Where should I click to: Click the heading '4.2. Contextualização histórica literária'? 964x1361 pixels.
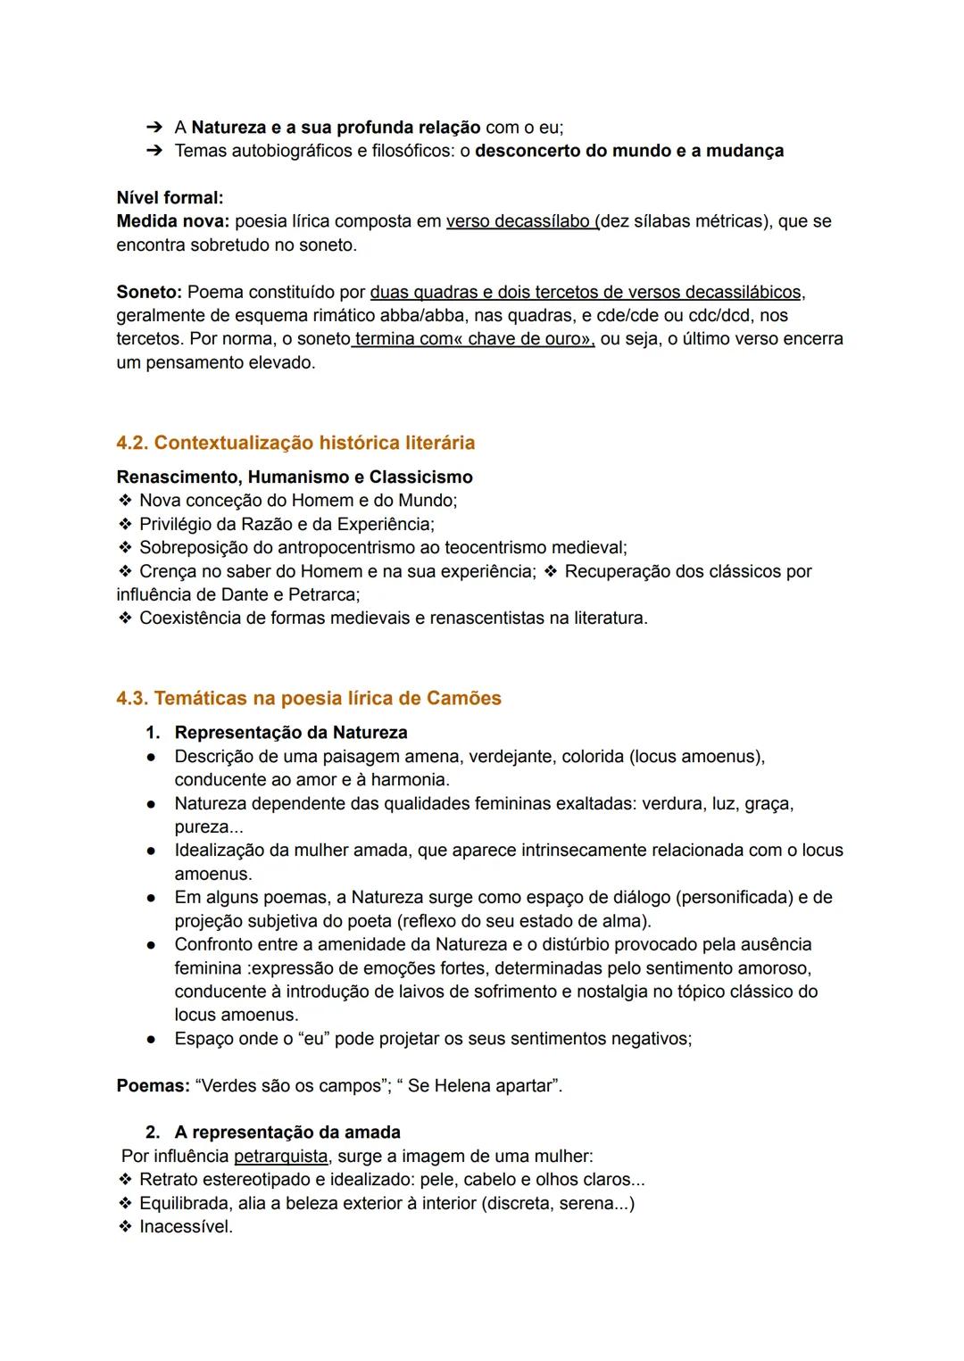tap(295, 443)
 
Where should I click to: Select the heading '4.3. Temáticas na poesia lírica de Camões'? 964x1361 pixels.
tap(309, 698)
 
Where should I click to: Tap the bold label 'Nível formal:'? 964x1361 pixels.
tap(170, 197)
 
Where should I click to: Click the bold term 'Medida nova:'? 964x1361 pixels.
tap(173, 220)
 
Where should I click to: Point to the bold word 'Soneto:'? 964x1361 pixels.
tap(149, 292)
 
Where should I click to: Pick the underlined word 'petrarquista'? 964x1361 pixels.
tap(280, 1156)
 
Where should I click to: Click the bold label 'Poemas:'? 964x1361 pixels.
tap(153, 1086)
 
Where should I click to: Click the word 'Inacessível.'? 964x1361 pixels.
tap(186, 1226)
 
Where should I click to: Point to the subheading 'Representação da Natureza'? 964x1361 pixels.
tap(291, 733)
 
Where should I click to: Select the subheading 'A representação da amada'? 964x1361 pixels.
tap(287, 1133)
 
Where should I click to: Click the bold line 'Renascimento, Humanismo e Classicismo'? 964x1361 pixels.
tap(295, 477)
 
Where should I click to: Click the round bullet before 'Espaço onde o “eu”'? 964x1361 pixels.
tap(153, 1039)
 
